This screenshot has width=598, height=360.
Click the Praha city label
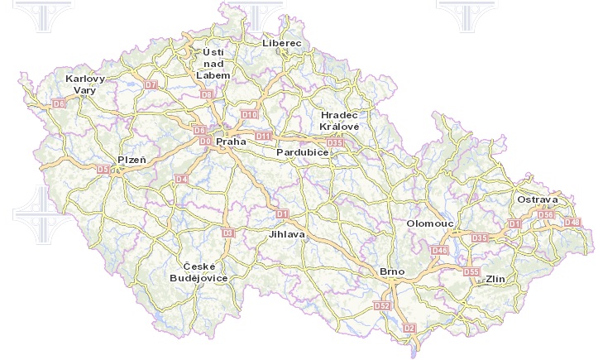point(232,142)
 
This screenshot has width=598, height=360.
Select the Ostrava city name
point(538,200)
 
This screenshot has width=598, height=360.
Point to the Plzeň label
point(132,159)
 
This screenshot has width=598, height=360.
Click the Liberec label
point(282,42)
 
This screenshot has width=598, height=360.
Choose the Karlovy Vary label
point(85,84)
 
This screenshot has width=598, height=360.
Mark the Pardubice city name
point(303,153)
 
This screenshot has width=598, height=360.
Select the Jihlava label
point(287,234)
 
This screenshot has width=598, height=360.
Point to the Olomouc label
point(430,224)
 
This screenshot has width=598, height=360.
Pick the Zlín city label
point(495,279)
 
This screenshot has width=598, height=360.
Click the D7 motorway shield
point(151,84)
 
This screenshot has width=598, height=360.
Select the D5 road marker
point(103,170)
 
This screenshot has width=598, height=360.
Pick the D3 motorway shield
point(229,233)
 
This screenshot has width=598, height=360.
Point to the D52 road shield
point(382,306)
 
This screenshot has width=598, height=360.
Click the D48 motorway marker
point(572,222)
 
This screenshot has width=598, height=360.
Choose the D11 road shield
point(264,136)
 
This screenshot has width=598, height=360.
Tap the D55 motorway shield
point(471,271)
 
